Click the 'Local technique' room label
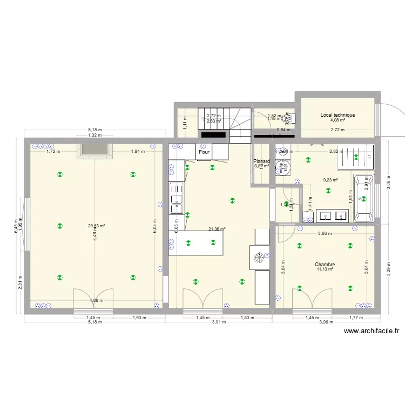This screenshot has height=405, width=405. tap(337, 115)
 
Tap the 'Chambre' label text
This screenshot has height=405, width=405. tap(325, 265)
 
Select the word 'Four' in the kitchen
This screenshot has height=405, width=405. tap(204, 152)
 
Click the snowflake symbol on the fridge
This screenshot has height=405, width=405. tap(259, 257)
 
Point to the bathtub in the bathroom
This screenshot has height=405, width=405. tap(364, 198)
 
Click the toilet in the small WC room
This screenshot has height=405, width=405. tap(287, 118)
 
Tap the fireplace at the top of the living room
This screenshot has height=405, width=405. tap(96, 151)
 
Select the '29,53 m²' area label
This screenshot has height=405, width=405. tap(97, 226)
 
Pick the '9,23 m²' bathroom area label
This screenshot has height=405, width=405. tap(330, 180)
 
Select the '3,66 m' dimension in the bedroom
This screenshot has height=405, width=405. tap(325, 233)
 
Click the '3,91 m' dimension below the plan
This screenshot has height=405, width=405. tap(219, 322)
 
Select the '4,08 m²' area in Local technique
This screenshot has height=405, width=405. tap(337, 121)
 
